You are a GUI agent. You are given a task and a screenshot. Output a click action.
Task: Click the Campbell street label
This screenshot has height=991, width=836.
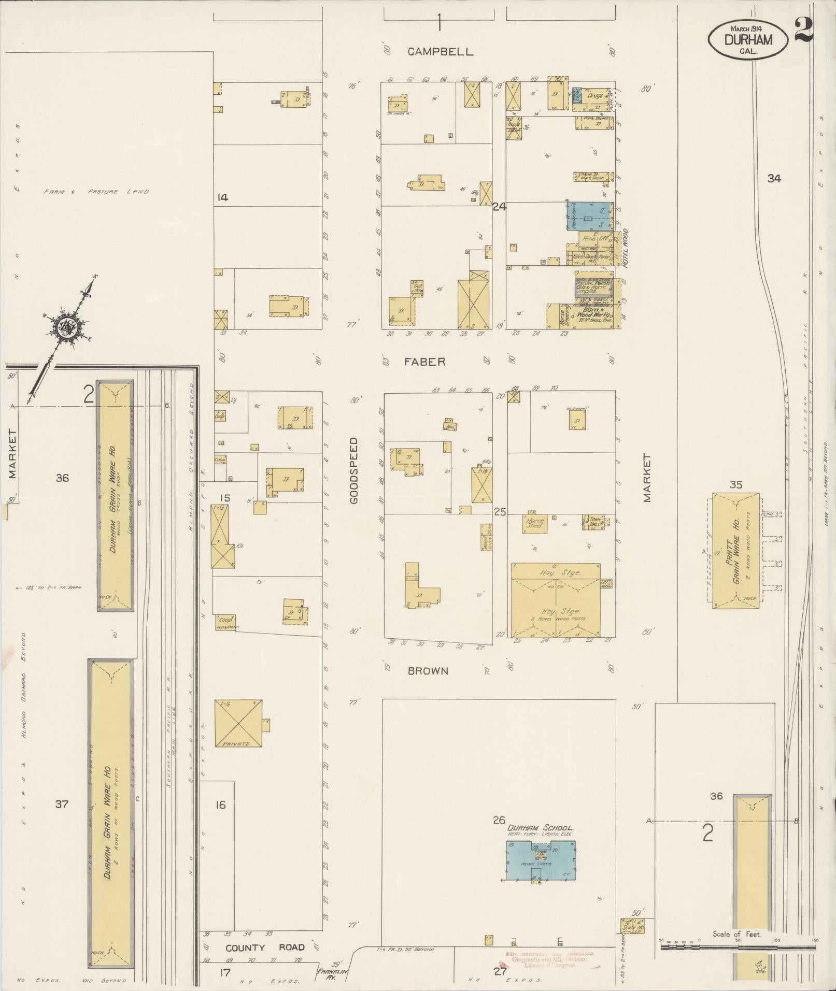440,51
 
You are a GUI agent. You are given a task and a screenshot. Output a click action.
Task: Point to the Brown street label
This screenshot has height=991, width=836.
428,671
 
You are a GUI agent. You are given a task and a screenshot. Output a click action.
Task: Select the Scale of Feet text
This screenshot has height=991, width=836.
736,935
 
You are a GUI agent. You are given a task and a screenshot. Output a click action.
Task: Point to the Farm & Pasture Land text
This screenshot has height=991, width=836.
96,191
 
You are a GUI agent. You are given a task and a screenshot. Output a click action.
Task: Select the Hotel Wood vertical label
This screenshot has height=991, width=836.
625,248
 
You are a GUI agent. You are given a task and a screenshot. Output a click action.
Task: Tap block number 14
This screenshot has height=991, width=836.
223,197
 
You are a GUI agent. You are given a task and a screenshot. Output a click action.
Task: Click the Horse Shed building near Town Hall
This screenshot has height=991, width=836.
534,524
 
